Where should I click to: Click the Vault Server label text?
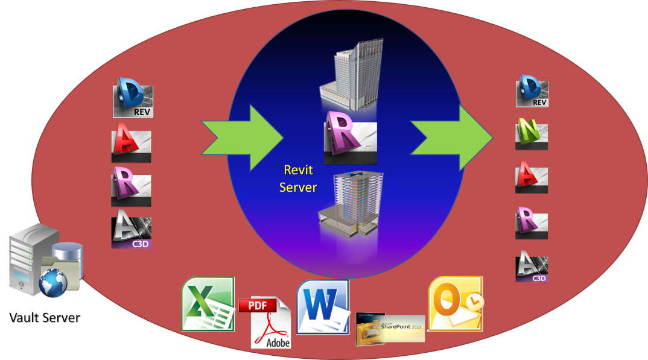[x=45, y=317]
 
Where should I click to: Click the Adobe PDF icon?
[x=270, y=323]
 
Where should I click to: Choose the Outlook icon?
[x=455, y=303]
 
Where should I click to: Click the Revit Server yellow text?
[x=298, y=179]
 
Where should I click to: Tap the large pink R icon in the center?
[x=350, y=137]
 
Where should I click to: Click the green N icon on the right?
[x=532, y=134]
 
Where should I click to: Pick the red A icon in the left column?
[x=131, y=146]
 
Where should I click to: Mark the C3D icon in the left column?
[x=132, y=233]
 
